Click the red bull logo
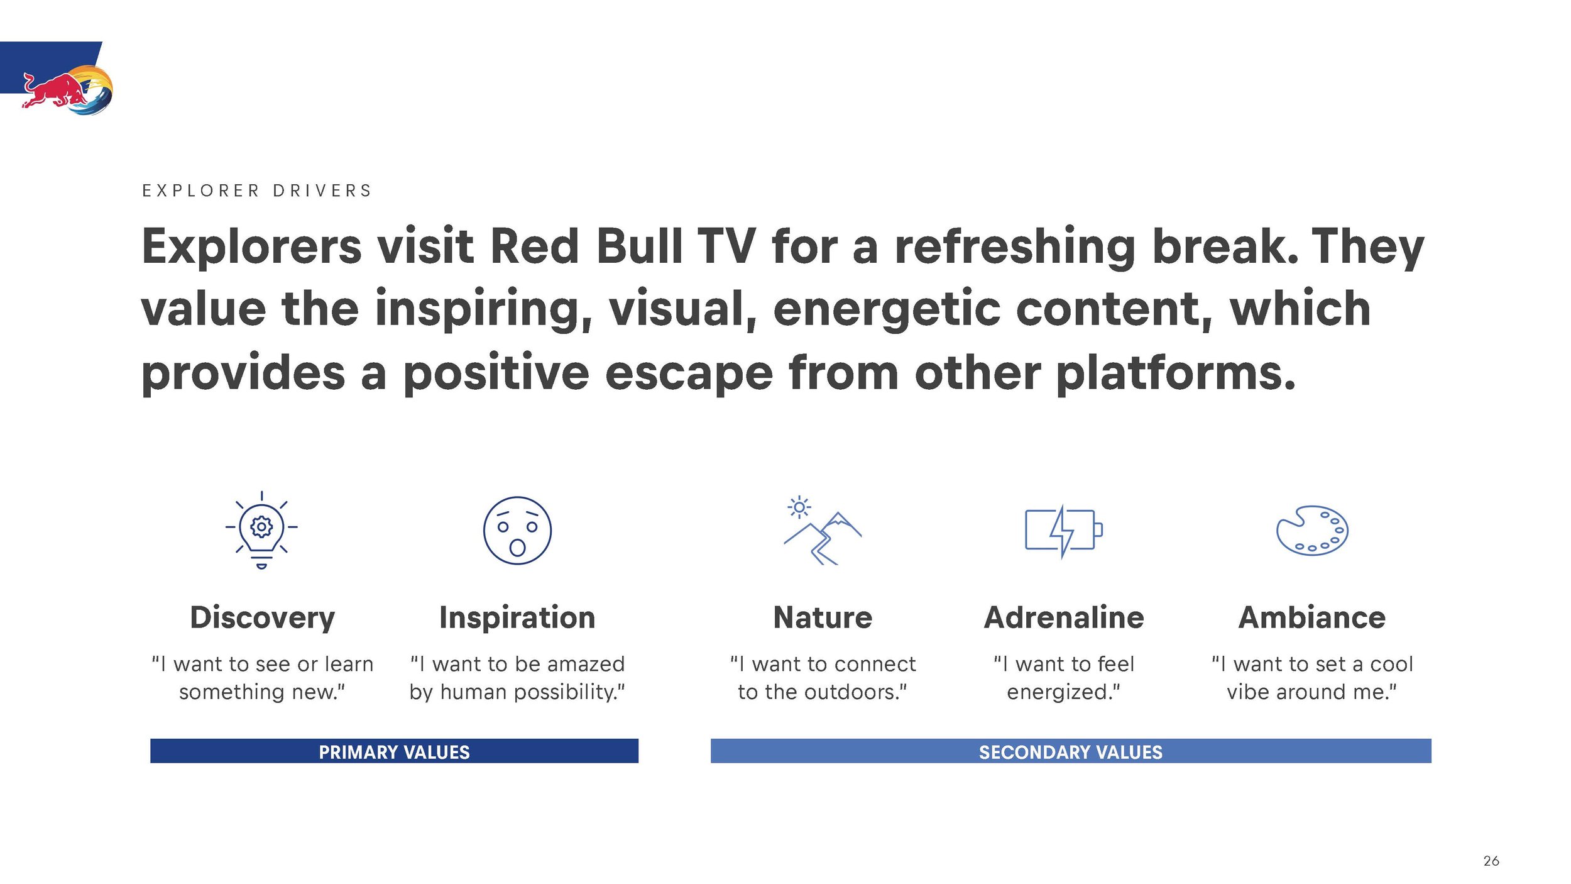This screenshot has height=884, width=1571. (68, 92)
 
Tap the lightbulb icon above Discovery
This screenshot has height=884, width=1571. (261, 530)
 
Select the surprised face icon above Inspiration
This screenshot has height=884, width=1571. (517, 530)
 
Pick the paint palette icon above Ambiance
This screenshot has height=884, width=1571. (1312, 530)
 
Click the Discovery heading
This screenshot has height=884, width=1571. (262, 617)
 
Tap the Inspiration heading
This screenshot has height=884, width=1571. (517, 617)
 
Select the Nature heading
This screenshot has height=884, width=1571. (823, 617)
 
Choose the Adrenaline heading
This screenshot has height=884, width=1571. (1064, 617)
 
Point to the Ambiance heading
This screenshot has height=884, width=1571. (1312, 617)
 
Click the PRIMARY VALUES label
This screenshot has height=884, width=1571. (394, 752)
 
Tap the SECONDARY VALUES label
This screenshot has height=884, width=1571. (1071, 752)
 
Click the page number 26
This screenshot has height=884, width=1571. (1491, 861)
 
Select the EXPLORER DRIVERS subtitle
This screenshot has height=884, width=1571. (257, 191)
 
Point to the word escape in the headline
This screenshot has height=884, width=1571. (689, 374)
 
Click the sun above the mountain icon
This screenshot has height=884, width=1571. (799, 507)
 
